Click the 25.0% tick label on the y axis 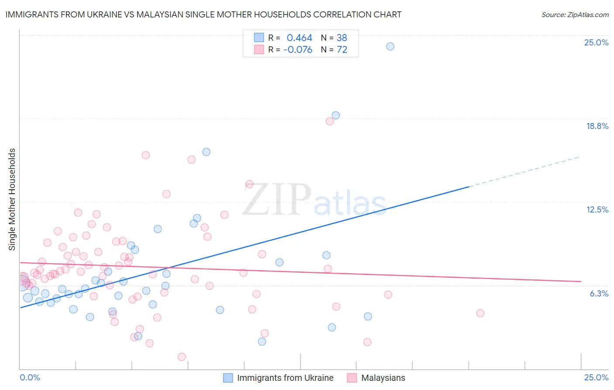click(596, 42)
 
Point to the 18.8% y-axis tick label click(597, 126)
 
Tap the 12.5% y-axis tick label click(597, 209)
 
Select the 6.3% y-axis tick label click(599, 293)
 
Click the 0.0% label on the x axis click(30, 377)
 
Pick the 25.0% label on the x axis click(596, 377)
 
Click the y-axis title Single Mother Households click(12, 199)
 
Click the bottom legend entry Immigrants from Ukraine click(285, 378)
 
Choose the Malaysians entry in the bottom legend click(383, 378)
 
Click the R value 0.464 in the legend click(299, 38)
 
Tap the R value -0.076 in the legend click(297, 50)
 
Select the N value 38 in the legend click(342, 38)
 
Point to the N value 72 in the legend click(342, 50)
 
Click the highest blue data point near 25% click(390, 46)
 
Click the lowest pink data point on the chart click(182, 357)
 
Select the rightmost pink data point click(480, 313)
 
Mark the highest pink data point click(330, 121)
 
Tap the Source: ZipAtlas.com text click(575, 14)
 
